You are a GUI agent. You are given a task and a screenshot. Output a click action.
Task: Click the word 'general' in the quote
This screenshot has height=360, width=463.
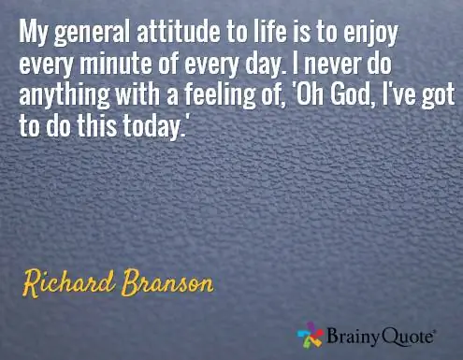tap(92, 33)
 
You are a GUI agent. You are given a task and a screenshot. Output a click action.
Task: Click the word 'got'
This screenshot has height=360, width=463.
tap(439, 96)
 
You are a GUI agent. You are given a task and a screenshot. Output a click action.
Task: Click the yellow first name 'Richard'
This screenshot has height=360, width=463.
tap(68, 283)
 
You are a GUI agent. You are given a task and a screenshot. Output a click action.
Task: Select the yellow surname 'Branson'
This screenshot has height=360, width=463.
tap(167, 282)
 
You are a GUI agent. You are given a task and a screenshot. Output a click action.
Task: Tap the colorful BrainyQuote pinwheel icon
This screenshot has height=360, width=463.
tap(310, 335)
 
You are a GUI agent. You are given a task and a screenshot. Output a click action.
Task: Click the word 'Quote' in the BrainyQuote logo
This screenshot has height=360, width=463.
tap(408, 337)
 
